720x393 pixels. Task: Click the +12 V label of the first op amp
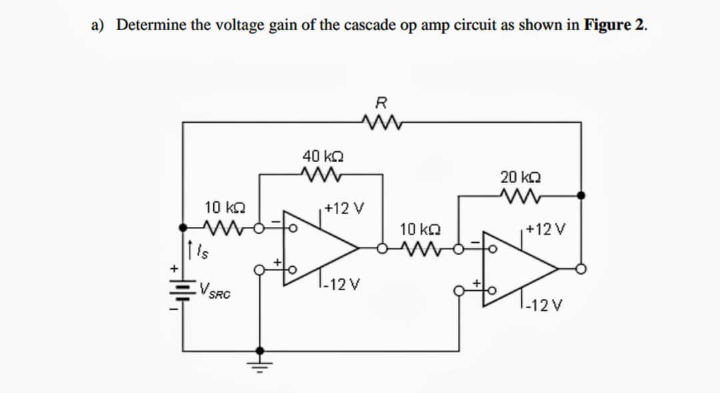[344, 208]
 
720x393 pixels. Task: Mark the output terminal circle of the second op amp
[582, 269]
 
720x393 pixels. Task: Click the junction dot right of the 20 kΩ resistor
[582, 195]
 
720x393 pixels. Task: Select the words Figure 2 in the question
[614, 25]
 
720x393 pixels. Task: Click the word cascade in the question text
[371, 25]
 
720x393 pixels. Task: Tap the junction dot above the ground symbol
[260, 350]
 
